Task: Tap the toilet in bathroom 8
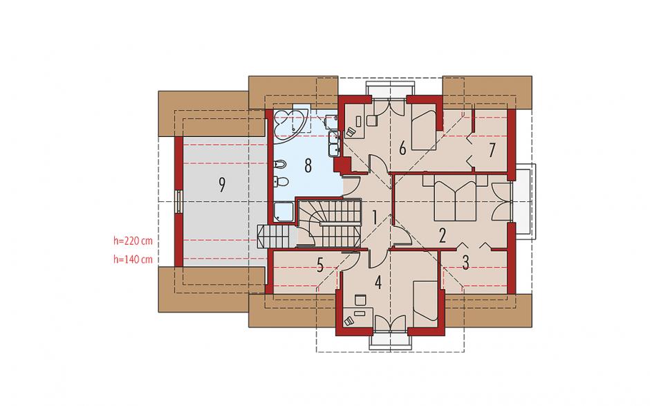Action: pyautogui.click(x=281, y=181)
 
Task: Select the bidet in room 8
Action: pyautogui.click(x=280, y=165)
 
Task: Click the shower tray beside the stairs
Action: pyautogui.click(x=284, y=212)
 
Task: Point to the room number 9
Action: pyautogui.click(x=222, y=185)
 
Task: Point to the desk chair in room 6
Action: pyautogui.click(x=372, y=120)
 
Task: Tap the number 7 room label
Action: pyautogui.click(x=492, y=150)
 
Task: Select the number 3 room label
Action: pyautogui.click(x=465, y=263)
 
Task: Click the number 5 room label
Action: pyautogui.click(x=319, y=266)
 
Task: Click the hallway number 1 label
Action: pyautogui.click(x=374, y=217)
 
